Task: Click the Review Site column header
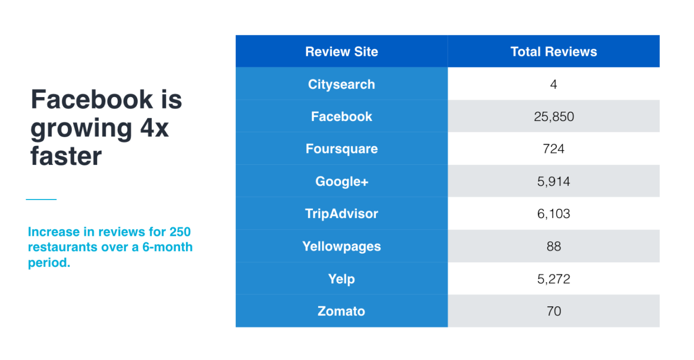click(342, 52)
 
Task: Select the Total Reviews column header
click(554, 52)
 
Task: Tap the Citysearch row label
click(342, 84)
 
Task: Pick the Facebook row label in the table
click(342, 117)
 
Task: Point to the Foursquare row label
click(342, 149)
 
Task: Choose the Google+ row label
click(342, 181)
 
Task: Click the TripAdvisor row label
click(342, 214)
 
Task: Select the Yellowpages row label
click(342, 246)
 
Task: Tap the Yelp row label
click(342, 279)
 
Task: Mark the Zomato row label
click(342, 311)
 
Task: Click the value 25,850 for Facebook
click(554, 117)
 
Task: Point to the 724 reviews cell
click(554, 149)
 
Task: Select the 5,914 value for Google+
click(554, 182)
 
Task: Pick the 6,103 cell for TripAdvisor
click(554, 214)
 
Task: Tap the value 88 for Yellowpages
click(554, 247)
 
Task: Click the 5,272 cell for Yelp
click(554, 279)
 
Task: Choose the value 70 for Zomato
click(554, 311)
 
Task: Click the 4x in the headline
click(155, 127)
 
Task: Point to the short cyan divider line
click(41, 199)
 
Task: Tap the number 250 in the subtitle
click(179, 232)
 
